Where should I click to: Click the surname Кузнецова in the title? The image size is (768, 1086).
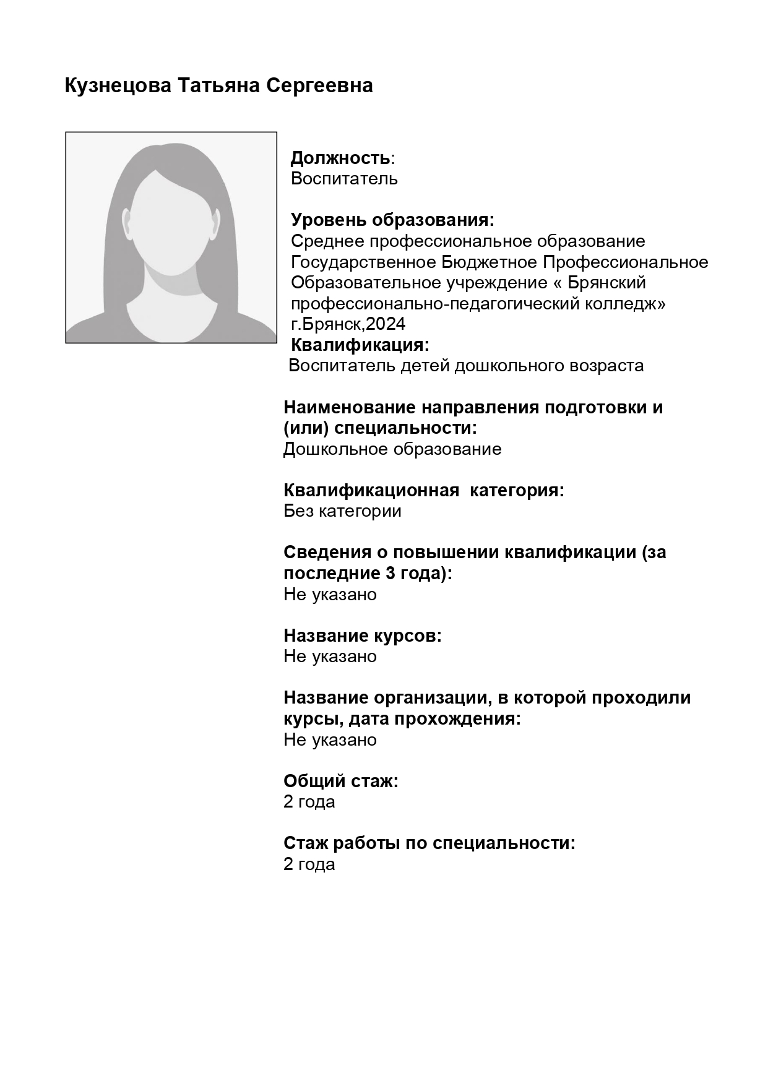point(118,86)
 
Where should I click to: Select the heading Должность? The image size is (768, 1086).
point(340,158)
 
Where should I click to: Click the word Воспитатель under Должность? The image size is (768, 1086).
point(344,179)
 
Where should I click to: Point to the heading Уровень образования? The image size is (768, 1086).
point(392,220)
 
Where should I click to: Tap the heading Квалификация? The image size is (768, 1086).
point(360,345)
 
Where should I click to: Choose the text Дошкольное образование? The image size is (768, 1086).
point(392,449)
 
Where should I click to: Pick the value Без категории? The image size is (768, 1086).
point(342,511)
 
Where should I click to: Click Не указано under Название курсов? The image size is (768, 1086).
point(330,657)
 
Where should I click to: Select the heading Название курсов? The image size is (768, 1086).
point(362,636)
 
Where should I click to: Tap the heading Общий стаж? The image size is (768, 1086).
point(340,782)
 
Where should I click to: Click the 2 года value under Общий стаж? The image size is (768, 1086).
point(309,802)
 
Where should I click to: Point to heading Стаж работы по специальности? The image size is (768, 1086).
point(429,843)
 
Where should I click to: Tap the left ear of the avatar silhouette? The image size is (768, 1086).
point(126,223)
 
